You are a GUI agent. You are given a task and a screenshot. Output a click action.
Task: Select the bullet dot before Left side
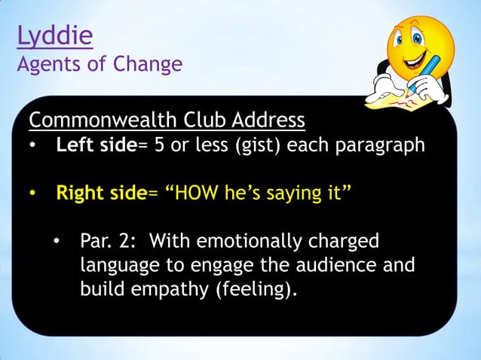tap(34, 145)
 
